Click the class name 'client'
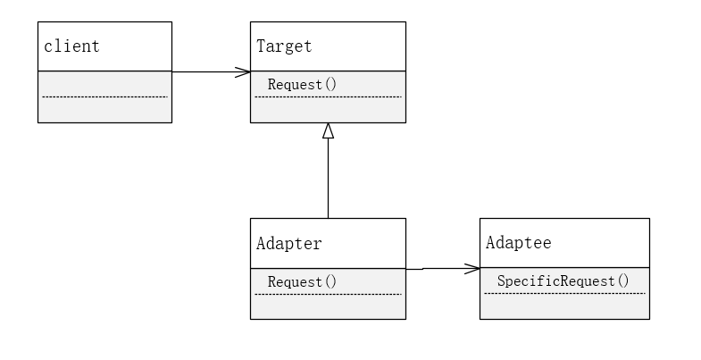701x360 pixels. click(71, 46)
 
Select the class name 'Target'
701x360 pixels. click(284, 46)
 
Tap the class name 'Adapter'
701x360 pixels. click(288, 243)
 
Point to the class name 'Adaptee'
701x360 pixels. click(518, 243)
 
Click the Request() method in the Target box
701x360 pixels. click(302, 85)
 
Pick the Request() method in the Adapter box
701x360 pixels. click(302, 281)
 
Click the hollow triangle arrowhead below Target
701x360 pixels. click(328, 130)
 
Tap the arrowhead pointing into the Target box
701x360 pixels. click(242, 71)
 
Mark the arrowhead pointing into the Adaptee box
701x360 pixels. click(472, 267)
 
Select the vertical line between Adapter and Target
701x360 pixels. click(328, 179)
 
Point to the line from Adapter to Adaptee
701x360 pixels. click(446, 267)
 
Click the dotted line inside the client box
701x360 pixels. click(104, 96)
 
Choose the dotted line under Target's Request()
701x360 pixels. click(328, 96)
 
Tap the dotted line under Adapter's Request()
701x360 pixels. click(328, 293)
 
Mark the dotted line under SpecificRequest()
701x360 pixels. click(564, 293)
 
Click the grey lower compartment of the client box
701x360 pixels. click(104, 109)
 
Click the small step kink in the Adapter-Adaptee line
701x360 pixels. click(422, 268)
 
